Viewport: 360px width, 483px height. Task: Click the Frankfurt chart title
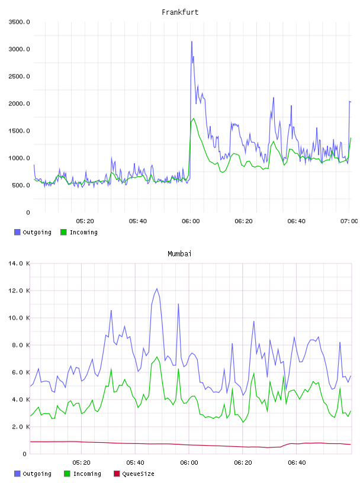tap(180, 12)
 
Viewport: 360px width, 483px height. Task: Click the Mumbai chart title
tap(179, 253)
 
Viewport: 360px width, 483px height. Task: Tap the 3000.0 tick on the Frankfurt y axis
tap(20, 49)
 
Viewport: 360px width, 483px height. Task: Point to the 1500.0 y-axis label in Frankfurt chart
tap(20, 131)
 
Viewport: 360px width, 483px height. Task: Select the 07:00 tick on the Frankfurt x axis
tap(349, 221)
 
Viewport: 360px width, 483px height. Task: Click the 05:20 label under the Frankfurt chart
tap(85, 221)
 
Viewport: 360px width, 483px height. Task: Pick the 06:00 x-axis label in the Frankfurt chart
tap(191, 221)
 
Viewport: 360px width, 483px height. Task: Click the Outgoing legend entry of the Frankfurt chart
tap(33, 232)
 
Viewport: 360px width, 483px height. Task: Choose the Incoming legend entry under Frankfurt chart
tap(79, 232)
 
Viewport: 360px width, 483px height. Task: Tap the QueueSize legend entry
tap(134, 474)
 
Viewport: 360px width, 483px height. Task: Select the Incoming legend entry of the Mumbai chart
tap(82, 474)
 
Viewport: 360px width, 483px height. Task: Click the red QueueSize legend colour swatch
tap(117, 474)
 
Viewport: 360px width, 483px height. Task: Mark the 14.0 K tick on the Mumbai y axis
tap(20, 263)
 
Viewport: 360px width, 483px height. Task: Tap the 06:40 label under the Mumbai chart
tap(297, 462)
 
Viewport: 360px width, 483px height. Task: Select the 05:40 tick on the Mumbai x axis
tap(135, 462)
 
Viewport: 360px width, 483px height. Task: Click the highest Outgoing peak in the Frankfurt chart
tap(192, 41)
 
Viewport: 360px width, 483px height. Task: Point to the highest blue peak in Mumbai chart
tap(157, 289)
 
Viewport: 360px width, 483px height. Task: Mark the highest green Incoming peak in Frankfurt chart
tap(194, 118)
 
